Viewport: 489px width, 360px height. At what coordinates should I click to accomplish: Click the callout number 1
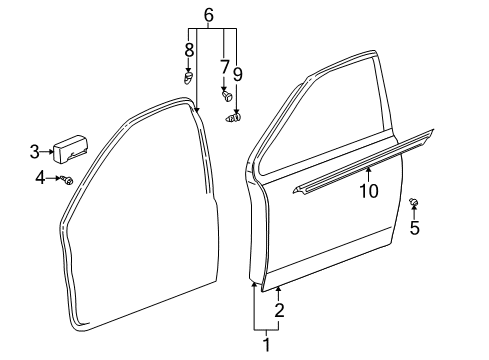[x=266, y=346]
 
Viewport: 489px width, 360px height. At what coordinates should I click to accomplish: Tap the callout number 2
[x=280, y=310]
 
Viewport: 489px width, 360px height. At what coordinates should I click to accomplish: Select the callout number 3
[x=34, y=152]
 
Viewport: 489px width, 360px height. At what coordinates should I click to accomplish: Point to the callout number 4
[x=40, y=178]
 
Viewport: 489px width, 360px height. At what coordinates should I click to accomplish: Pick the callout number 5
[x=414, y=228]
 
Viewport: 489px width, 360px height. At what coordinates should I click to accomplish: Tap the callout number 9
[x=238, y=74]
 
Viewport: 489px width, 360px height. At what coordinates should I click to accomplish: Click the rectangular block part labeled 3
[x=72, y=150]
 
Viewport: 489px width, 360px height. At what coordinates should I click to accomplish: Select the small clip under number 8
[x=189, y=76]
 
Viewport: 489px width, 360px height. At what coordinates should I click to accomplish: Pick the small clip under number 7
[x=225, y=98]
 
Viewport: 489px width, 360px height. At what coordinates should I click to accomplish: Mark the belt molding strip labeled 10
[x=360, y=158]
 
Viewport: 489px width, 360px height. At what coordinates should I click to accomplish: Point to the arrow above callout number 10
[x=367, y=174]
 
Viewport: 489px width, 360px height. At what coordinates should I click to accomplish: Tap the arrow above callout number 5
[x=414, y=214]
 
